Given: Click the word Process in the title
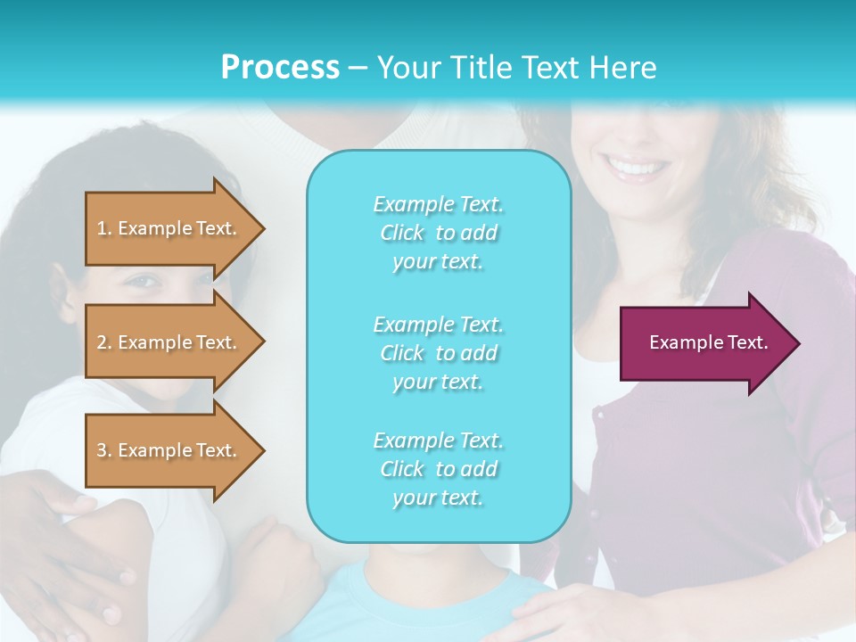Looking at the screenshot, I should [280, 68].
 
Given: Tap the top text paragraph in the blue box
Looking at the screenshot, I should [438, 233].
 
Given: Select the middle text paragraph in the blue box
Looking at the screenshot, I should [438, 353].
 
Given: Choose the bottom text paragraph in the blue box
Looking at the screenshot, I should [438, 469].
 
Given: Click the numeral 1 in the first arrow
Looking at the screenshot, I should [102, 228].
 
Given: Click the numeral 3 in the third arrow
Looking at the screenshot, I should [102, 450].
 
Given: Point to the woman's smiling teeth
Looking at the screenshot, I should [636, 167].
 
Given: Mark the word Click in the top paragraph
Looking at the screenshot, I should [402, 233].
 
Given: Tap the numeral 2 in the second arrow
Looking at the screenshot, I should [102, 342].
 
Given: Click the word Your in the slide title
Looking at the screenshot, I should [403, 68].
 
